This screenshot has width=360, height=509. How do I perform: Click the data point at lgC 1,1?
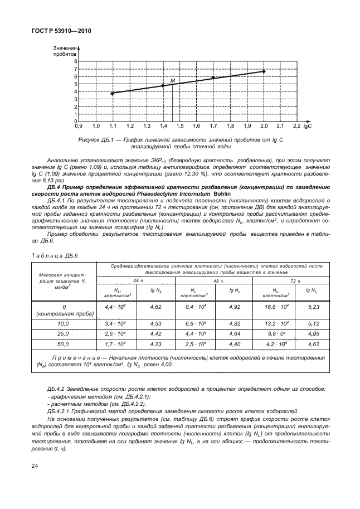tap(113, 93)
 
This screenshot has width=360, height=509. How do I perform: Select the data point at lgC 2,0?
tap(264, 71)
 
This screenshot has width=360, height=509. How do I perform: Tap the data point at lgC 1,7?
tap(213, 78)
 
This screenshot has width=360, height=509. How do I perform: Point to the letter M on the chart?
tap(172, 81)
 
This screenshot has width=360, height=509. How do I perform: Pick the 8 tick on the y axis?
tap(75, 61)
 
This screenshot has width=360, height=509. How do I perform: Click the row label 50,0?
tap(64, 345)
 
